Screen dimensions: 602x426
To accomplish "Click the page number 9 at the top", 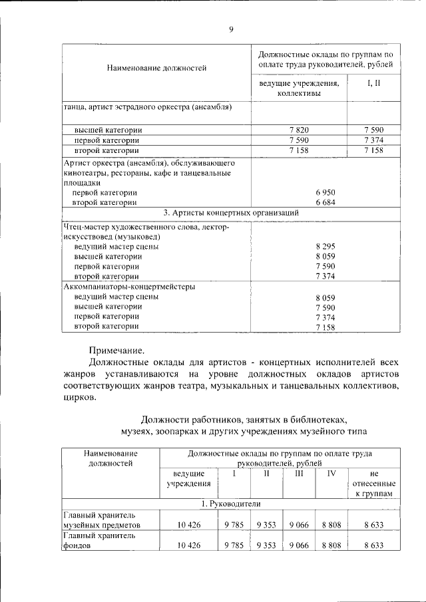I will coord(230,29).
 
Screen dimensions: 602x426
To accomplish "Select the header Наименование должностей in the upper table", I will coord(156,68).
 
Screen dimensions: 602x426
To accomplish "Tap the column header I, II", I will coord(373,83).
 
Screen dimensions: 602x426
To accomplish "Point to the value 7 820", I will coord(299,130).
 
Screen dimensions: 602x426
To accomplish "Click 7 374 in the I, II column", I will coord(373,140).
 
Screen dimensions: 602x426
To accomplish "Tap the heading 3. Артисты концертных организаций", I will coord(230,212).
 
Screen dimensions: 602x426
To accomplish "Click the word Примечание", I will coord(116,351).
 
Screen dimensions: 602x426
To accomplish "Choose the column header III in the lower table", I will coord(299,474).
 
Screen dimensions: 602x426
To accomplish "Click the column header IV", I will coord(331,474).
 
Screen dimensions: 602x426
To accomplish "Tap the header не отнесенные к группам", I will coord(373,484).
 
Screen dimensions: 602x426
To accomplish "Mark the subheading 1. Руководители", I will coord(230,504).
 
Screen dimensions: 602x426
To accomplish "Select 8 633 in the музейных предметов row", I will coord(373,524).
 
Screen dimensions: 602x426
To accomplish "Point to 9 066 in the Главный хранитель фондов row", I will coord(299,545).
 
